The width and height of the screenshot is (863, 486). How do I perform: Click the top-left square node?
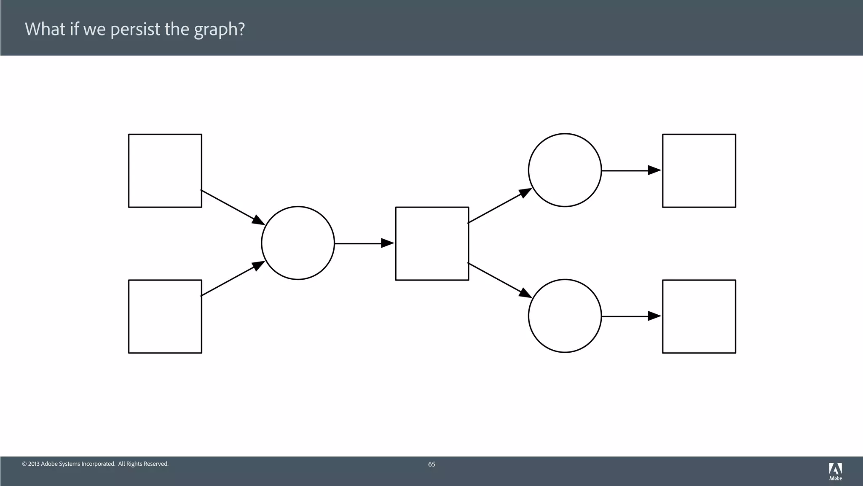click(x=165, y=170)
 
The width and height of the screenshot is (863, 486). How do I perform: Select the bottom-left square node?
click(x=165, y=316)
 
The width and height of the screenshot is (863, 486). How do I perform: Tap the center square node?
click(x=432, y=243)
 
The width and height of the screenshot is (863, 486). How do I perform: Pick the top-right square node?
click(x=699, y=170)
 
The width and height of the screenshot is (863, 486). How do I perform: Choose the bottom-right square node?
click(x=699, y=316)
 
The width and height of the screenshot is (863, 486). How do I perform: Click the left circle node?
click(x=298, y=243)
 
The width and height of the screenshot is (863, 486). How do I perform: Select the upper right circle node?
click(x=565, y=170)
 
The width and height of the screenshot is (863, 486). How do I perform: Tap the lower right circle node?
click(x=565, y=316)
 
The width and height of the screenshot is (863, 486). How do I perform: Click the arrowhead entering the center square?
click(x=387, y=243)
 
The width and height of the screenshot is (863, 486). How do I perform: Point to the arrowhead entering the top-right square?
click(x=654, y=170)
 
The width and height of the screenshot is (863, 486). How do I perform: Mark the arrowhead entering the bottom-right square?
click(x=654, y=316)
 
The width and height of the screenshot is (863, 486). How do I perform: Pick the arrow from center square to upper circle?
click(x=497, y=207)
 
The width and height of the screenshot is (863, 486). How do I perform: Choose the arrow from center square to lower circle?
click(x=497, y=279)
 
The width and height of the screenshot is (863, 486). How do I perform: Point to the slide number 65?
click(x=431, y=464)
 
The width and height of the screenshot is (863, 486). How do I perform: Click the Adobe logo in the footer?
click(x=835, y=471)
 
